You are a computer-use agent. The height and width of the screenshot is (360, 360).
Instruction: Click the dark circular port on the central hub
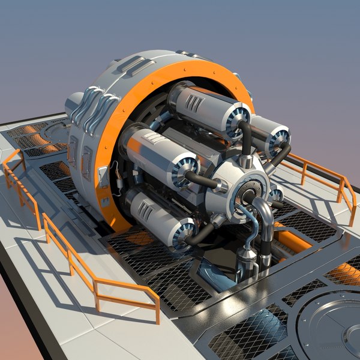(247, 196)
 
